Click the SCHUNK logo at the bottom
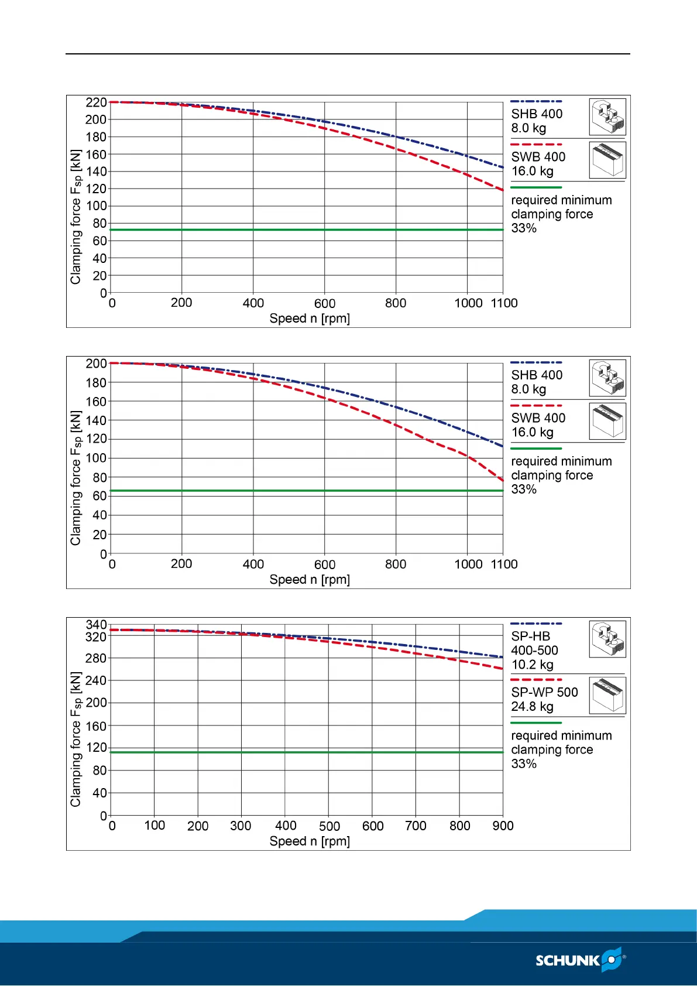coord(580,960)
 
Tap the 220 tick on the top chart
coord(96,102)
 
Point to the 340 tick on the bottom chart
coord(96,625)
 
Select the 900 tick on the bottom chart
coord(503,826)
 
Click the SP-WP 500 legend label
coord(544,692)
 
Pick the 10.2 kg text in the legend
coord(532,665)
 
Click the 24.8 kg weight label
coord(532,707)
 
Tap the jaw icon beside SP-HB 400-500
coord(607,639)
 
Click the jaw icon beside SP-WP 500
coord(607,695)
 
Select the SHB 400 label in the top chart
coord(537,114)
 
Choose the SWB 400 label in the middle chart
coord(538,418)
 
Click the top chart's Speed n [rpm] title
coord(310,319)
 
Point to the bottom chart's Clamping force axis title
coord(75,739)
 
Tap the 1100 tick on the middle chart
coord(504,564)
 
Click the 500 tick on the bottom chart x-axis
coord(329,826)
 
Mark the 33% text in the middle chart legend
coord(524,489)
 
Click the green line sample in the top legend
coord(536,187)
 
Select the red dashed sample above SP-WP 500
coord(536,680)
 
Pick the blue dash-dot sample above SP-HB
coord(536,624)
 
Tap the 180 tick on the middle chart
coord(96,382)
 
